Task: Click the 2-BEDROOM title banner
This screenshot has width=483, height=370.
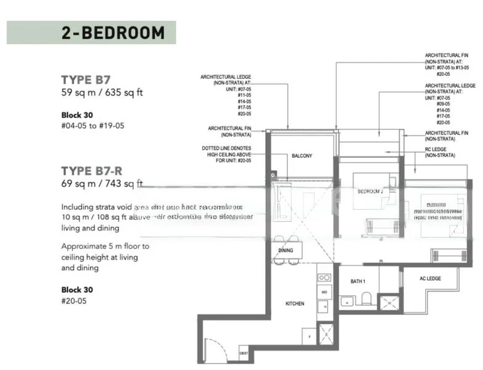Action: pos(91,33)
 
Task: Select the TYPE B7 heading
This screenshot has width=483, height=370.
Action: pos(86,80)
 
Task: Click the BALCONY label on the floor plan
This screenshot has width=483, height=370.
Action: pos(302,156)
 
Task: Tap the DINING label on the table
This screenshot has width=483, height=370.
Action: pos(286,251)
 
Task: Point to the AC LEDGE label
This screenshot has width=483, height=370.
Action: pos(430,279)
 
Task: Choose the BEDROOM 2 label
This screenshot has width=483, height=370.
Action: pos(370,191)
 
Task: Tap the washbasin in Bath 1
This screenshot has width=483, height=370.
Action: pos(347,301)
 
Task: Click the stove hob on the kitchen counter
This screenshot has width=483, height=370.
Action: pos(324,277)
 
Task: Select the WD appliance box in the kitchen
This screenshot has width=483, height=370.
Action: pos(324,290)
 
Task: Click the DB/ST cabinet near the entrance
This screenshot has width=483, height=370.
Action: pos(244,353)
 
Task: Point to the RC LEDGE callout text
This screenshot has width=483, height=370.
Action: pos(440,152)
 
